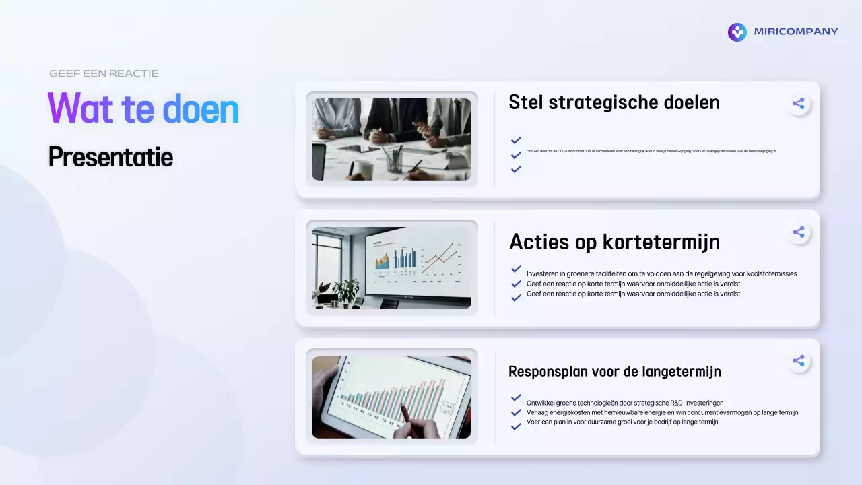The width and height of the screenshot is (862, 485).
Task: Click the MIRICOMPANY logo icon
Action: (737, 32)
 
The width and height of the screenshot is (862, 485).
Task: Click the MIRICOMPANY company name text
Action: (796, 32)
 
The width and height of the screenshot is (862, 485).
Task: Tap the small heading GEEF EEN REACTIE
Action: (104, 73)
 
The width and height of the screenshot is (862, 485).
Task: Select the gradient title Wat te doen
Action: (143, 108)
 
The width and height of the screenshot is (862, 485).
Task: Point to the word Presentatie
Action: (110, 157)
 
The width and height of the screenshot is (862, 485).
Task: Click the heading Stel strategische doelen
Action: (614, 102)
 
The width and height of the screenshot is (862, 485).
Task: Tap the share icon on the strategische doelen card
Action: (798, 104)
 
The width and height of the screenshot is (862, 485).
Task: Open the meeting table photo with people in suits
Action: (391, 139)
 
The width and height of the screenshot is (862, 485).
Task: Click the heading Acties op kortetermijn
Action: (614, 241)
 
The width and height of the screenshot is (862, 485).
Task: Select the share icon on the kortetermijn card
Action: (798, 232)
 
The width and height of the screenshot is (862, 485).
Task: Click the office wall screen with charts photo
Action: (391, 267)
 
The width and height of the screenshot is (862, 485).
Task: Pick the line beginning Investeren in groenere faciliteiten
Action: (661, 274)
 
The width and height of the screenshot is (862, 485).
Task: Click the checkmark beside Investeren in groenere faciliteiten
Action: (516, 269)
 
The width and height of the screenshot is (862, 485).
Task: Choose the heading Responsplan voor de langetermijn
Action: (614, 371)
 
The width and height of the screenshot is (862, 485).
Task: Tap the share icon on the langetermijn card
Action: (798, 361)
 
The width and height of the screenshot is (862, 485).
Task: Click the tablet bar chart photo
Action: (391, 397)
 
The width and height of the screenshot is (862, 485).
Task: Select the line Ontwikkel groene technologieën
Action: (624, 403)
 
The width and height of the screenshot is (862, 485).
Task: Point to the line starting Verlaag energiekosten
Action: (662, 412)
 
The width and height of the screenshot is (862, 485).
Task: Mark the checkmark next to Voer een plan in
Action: (516, 426)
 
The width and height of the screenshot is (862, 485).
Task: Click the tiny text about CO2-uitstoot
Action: (651, 152)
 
